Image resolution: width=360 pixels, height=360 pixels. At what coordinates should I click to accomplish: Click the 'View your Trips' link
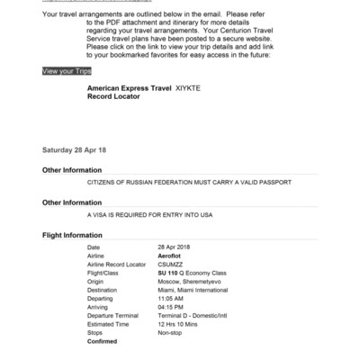(67, 69)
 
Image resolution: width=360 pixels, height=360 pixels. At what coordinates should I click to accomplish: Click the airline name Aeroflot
(171, 256)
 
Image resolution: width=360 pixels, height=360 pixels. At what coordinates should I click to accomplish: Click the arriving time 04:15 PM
(172, 307)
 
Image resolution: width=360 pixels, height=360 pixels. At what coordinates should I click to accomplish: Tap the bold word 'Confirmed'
(103, 342)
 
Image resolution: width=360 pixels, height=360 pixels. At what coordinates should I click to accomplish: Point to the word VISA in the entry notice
(101, 216)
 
